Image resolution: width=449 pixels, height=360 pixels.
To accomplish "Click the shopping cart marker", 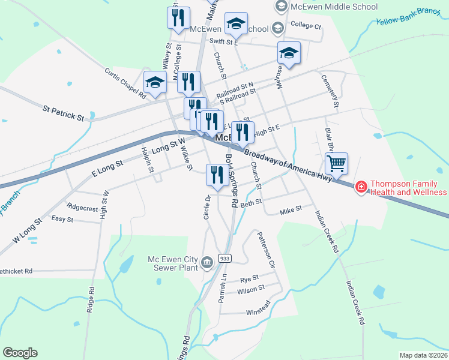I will tap(336, 163).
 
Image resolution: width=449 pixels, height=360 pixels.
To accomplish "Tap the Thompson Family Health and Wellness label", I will tap(408, 188).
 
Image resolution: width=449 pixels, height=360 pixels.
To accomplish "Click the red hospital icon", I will tap(361, 187).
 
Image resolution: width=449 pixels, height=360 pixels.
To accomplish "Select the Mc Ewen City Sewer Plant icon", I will tap(207, 262).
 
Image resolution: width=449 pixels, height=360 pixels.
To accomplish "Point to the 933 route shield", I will tap(224, 258).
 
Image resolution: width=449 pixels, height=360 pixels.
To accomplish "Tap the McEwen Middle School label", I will tap(334, 7).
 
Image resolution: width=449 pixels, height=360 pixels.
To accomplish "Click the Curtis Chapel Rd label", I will tap(125, 83).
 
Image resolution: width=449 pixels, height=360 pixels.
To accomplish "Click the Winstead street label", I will tap(259, 313).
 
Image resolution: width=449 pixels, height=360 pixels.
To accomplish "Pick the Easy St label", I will tap(62, 220).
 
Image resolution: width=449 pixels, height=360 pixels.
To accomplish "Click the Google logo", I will tap(20, 353).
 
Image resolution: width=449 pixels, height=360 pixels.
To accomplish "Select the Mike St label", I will tap(291, 211).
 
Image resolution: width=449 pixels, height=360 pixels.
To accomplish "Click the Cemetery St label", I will tap(330, 91).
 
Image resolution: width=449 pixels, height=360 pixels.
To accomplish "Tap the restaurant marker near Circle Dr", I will tap(215, 175).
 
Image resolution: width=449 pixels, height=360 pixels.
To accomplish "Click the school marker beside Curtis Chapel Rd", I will tap(155, 83).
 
